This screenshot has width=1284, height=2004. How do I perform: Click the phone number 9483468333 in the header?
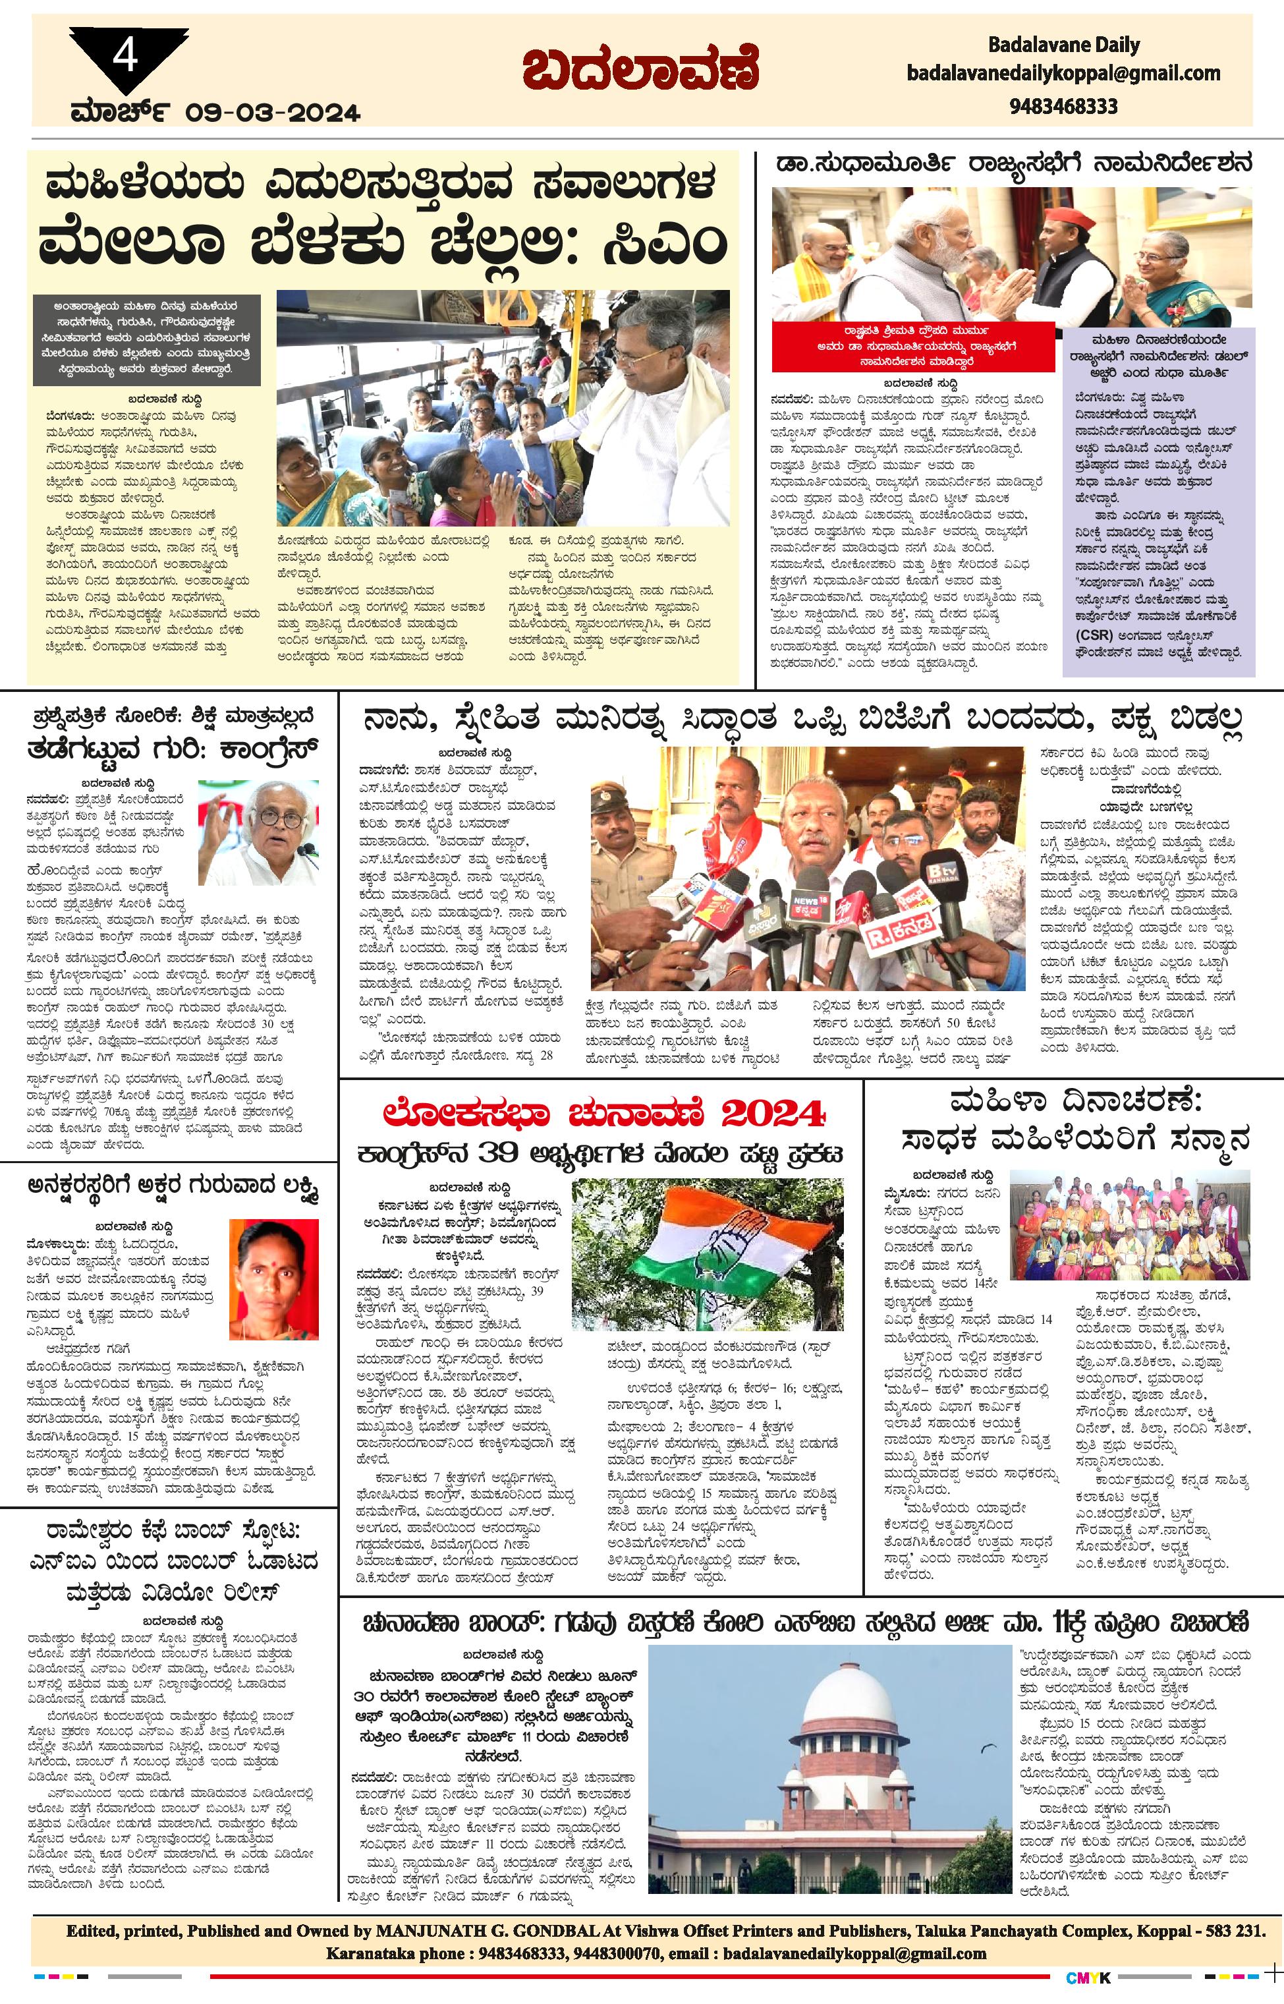[x=1063, y=107]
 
